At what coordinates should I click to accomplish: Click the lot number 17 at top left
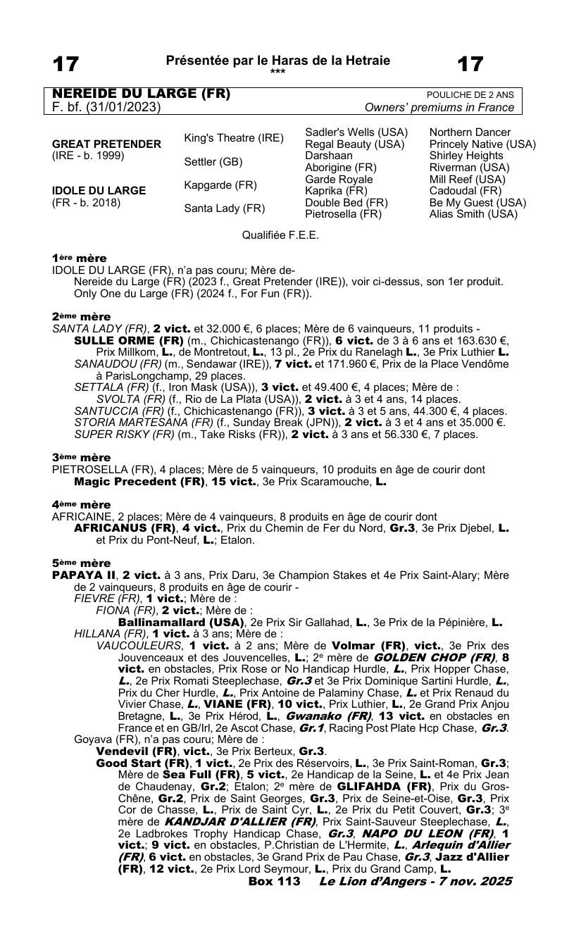[66, 64]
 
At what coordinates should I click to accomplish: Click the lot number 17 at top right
[470, 64]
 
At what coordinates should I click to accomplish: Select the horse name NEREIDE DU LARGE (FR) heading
[142, 94]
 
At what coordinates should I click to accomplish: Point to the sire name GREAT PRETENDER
[107, 144]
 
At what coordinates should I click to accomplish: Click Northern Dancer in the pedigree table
[470, 132]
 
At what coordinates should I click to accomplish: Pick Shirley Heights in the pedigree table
[467, 156]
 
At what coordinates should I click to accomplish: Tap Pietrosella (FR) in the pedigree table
[343, 214]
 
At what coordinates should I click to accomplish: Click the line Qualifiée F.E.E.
[280, 235]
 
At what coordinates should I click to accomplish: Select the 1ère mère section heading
[79, 258]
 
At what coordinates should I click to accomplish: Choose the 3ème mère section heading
[80, 457]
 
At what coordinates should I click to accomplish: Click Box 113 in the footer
[274, 881]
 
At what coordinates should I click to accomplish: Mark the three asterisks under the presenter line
[277, 71]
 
